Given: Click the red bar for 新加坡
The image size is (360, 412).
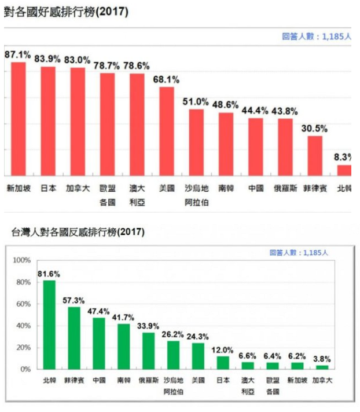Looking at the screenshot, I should [19, 119].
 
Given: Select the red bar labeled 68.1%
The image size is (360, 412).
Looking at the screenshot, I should [167, 132].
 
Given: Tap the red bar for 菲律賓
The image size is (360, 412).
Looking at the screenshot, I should [314, 155].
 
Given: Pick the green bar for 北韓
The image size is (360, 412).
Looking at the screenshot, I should [50, 325].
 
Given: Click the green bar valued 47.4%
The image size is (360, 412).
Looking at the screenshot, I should [99, 343].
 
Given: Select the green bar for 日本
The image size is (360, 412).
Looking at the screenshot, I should [223, 362].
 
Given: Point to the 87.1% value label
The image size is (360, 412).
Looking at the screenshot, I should [18, 54].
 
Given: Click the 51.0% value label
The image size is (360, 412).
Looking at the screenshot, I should [196, 101].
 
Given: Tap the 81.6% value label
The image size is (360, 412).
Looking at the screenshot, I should [50, 274].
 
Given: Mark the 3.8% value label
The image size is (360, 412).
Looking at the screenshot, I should [322, 359].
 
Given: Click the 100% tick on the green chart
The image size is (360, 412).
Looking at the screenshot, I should [21, 261].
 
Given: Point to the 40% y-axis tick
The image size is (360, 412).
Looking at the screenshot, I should [23, 326].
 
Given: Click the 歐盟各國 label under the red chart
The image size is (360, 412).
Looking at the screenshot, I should [108, 194].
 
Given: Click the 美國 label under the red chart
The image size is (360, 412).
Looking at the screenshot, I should [167, 188].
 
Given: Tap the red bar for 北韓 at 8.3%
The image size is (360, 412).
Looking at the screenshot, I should [345, 170].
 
